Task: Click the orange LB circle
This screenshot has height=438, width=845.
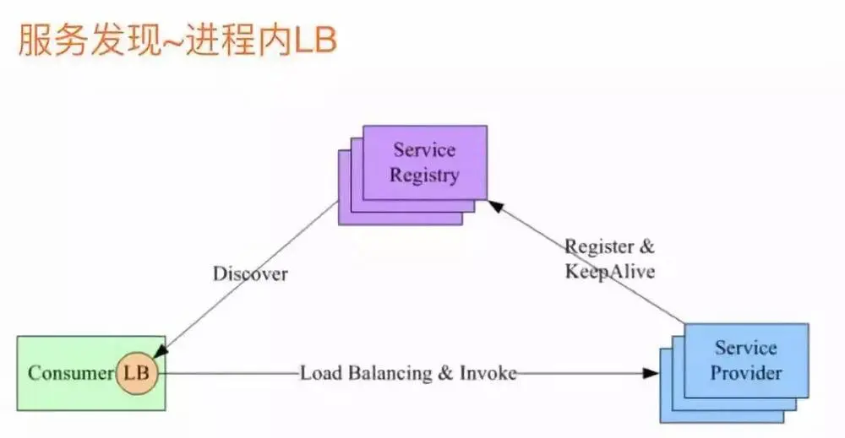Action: [x=136, y=373]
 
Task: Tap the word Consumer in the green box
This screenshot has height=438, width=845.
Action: [x=70, y=373]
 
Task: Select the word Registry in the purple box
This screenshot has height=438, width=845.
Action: [x=425, y=176]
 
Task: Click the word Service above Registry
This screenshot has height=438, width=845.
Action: [x=424, y=150]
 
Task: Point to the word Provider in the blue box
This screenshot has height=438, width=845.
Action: [x=746, y=372]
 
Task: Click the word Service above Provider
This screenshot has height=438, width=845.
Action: [x=745, y=347]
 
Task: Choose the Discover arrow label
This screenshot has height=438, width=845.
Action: [x=250, y=274]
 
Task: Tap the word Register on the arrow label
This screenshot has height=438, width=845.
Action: [x=599, y=247]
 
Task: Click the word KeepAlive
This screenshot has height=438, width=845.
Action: [x=610, y=272]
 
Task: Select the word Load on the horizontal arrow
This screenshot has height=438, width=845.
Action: [x=319, y=372]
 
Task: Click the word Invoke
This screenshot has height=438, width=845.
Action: [x=488, y=372]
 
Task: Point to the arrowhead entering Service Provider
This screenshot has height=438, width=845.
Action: [x=651, y=373]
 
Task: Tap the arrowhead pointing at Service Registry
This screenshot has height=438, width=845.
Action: [x=495, y=204]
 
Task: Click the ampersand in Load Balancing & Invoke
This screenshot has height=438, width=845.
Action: [x=444, y=372]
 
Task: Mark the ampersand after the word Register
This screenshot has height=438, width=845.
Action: [x=646, y=247]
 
